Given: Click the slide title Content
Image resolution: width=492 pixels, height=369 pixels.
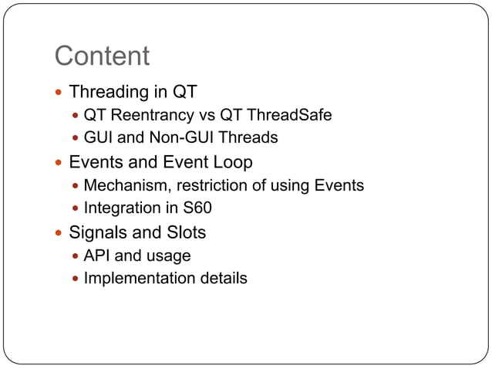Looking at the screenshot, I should tap(102, 56).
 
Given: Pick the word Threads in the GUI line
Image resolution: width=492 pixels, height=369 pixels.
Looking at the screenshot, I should tap(251, 138).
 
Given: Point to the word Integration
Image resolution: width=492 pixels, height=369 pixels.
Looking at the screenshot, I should tap(117, 208).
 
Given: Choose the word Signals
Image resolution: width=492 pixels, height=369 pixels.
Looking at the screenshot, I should tap(97, 232).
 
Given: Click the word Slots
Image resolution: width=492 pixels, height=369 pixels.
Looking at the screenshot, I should tap(186, 232).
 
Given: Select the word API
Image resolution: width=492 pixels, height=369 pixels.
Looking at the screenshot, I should tap(97, 256).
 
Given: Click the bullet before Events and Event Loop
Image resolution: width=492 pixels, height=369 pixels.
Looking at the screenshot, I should tap(59, 163).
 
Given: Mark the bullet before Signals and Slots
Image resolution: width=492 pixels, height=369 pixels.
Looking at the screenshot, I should tap(59, 232).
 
